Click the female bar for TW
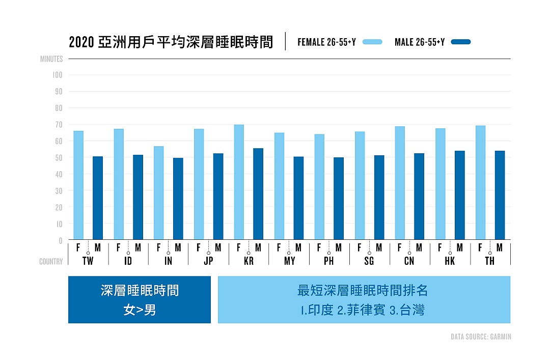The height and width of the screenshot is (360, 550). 78,185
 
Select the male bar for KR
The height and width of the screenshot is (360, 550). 258,194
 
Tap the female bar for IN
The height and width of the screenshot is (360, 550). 158,193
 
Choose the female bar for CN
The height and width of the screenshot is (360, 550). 400,183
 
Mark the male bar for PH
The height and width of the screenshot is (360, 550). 339,199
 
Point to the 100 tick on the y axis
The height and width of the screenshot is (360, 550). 57,75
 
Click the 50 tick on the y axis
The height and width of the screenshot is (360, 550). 59,158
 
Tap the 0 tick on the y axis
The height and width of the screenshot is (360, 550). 60,240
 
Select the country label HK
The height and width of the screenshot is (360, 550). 450,261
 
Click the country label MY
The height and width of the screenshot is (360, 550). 289,261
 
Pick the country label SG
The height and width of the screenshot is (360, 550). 369,261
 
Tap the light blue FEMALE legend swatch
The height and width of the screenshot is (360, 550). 372,42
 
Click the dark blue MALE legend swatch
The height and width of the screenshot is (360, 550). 461,42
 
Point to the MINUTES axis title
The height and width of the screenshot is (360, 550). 51,59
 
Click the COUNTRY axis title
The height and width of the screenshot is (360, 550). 51,262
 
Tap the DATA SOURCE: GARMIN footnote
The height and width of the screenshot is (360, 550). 481,337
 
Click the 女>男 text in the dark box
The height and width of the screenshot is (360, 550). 140,310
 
